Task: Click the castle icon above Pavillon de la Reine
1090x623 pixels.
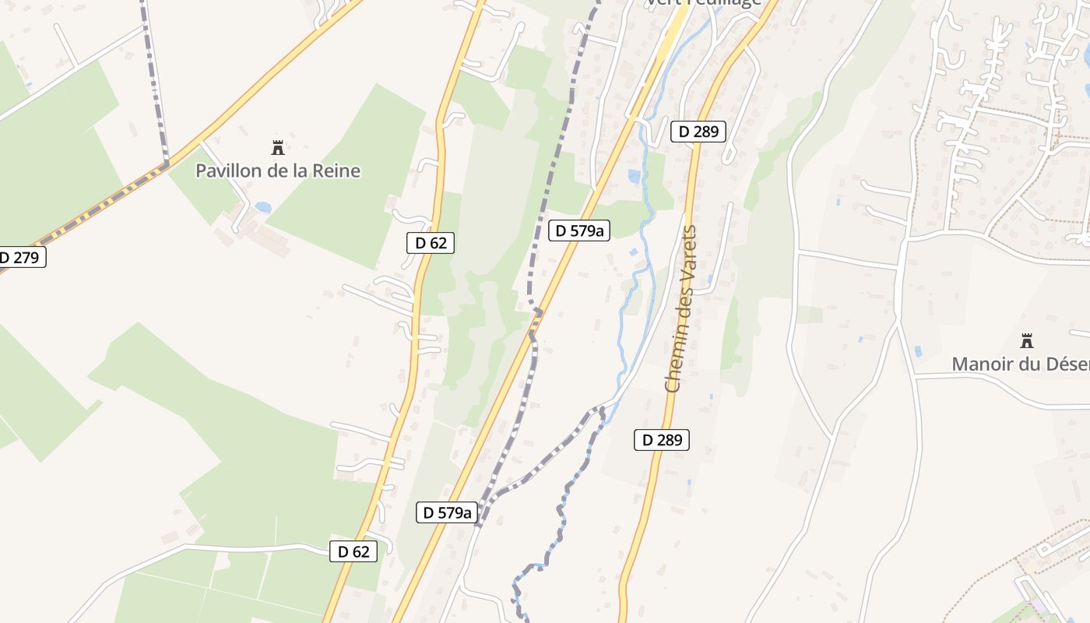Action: pos(276,147)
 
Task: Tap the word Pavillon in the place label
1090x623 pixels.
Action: pos(228,171)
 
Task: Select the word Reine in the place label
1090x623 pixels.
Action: pos(337,171)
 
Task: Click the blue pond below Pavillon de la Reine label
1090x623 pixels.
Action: pos(262,207)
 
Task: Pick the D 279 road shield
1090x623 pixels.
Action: pos(20,257)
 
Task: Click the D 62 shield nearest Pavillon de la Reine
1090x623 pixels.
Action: pos(430,243)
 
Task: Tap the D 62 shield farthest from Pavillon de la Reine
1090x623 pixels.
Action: pos(353,551)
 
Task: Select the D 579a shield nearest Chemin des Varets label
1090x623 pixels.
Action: pos(578,231)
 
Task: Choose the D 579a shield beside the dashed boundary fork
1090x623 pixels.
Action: pos(446,512)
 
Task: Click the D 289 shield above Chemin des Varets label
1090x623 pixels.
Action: pos(698,132)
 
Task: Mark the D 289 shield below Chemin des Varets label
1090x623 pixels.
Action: pos(662,440)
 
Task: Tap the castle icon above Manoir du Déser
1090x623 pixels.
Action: pos(1026,340)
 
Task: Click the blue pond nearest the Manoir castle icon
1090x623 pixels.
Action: pos(918,351)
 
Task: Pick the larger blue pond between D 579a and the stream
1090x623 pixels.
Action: pos(635,177)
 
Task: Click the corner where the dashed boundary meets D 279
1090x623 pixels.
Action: pos(166,164)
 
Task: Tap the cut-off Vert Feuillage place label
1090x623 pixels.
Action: pos(702,3)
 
